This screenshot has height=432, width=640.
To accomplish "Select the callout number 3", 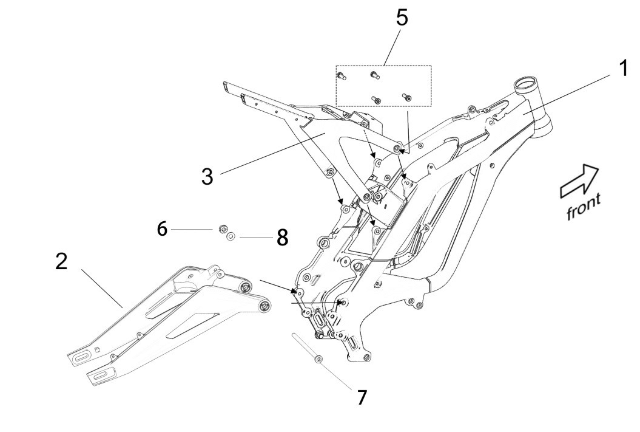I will tap(207, 177).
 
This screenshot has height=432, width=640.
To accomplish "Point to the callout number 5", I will tap(402, 18).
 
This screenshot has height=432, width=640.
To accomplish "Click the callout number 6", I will tap(161, 228).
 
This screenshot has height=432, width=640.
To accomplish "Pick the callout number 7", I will tap(362, 397).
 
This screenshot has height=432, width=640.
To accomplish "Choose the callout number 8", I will tap(282, 238).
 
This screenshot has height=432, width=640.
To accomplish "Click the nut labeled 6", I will tap(223, 230).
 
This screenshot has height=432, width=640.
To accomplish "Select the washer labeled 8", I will tap(231, 238).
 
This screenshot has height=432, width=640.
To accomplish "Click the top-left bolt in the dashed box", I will tap(341, 76).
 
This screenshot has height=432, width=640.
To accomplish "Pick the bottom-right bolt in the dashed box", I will tap(407, 96).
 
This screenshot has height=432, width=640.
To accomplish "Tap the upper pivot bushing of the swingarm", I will tap(245, 286).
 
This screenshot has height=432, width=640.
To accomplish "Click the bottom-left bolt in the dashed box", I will tap(376, 99).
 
